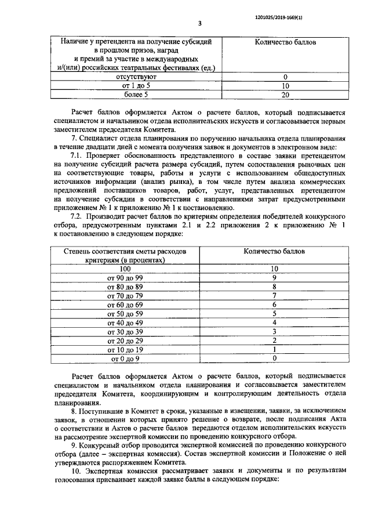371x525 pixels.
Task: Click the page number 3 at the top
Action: tap(199, 24)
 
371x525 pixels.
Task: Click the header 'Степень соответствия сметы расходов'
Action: tap(125, 252)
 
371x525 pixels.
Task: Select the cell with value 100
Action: tap(125, 269)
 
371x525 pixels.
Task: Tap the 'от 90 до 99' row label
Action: tap(125, 278)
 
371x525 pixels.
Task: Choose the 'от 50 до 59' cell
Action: tap(125, 313)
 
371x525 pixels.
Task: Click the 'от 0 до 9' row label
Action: tap(125, 359)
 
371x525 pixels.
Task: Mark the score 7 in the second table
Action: tap(274, 295)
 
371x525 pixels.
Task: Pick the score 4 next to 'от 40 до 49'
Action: tap(274, 323)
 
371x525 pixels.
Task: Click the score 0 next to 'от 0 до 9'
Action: tap(274, 359)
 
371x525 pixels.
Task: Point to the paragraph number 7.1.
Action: tap(77, 156)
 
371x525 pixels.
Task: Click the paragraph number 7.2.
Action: tap(77, 216)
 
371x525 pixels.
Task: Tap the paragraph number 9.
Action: tap(74, 445)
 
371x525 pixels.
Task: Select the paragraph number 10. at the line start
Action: tap(75, 472)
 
